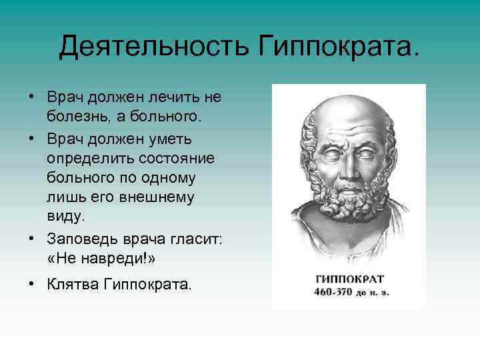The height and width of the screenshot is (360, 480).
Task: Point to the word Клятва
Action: click(71, 285)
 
